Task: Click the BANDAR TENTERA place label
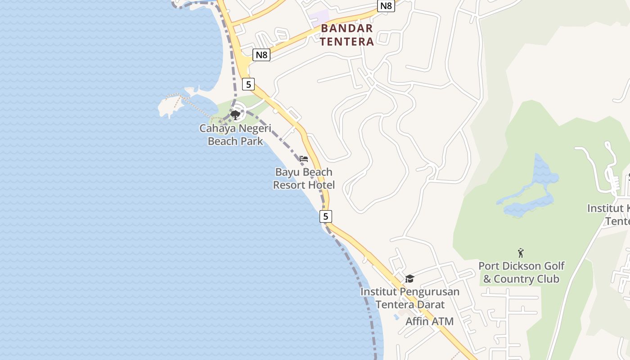pyautogui.click(x=347, y=35)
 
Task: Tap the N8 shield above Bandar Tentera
pyautogui.click(x=386, y=6)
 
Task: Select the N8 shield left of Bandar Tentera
pyautogui.click(x=261, y=55)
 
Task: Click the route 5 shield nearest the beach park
pyautogui.click(x=248, y=84)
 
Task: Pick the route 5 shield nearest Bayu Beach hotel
pyautogui.click(x=325, y=216)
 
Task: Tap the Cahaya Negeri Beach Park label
pyautogui.click(x=235, y=135)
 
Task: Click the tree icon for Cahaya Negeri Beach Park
pyautogui.click(x=235, y=115)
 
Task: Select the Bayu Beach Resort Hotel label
pyautogui.click(x=304, y=178)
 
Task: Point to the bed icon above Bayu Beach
pyautogui.click(x=304, y=159)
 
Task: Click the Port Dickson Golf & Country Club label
pyautogui.click(x=521, y=272)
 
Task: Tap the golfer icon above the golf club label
pyautogui.click(x=521, y=253)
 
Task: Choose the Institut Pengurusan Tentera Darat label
pyautogui.click(x=409, y=298)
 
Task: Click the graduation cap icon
pyautogui.click(x=409, y=279)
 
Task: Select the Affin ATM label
pyautogui.click(x=429, y=321)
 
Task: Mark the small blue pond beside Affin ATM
pyautogui.click(x=396, y=317)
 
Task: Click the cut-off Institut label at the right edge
pyautogui.click(x=609, y=215)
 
